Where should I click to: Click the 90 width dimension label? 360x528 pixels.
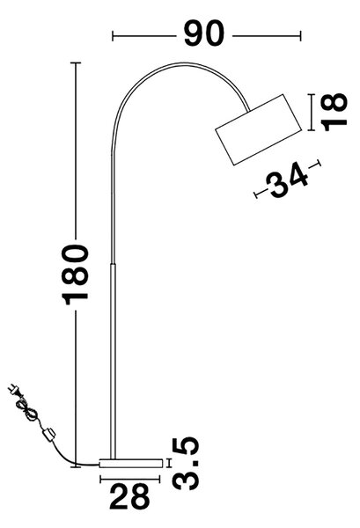[x=203, y=33]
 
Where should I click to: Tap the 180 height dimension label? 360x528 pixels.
[x=76, y=275]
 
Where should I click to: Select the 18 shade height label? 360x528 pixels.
[x=334, y=112]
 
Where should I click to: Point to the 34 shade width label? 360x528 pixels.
[x=287, y=180]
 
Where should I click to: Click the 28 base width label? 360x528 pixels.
[x=129, y=496]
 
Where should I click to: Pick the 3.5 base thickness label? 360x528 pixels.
[x=185, y=463]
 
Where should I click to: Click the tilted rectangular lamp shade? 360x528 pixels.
[x=259, y=129]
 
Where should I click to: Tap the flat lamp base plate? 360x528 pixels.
[x=130, y=463]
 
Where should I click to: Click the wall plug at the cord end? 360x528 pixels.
[x=14, y=390]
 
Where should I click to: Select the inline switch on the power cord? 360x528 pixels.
[x=48, y=434]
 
